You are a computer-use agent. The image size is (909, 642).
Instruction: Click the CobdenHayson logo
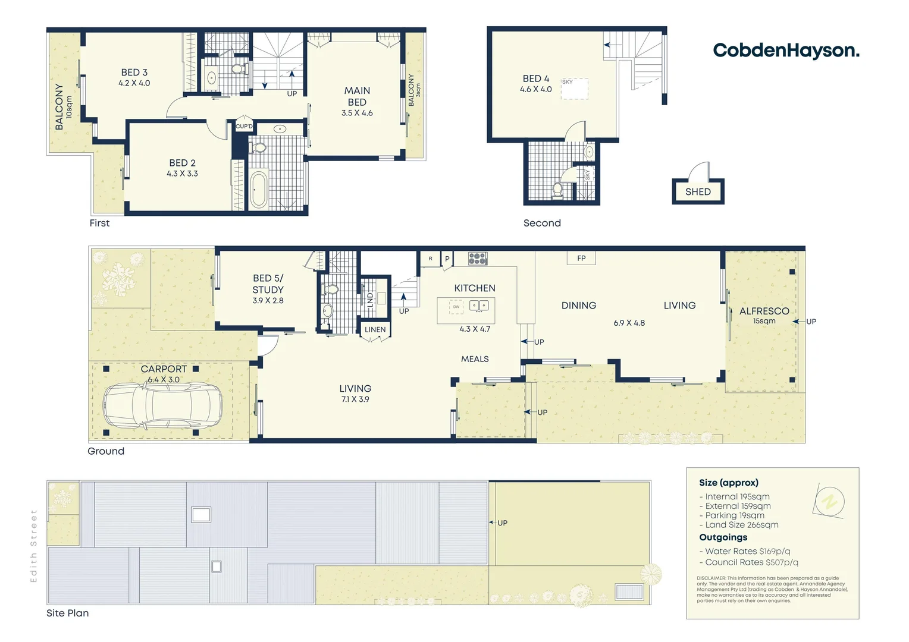tap(786, 51)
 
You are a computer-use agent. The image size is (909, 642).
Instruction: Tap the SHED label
tap(698, 192)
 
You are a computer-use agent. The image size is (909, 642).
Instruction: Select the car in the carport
tap(162, 405)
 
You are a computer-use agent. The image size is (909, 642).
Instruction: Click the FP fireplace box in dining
tap(581, 258)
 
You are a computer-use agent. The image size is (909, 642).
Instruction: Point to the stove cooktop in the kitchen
tap(478, 259)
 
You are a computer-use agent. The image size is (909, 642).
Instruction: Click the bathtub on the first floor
tap(259, 189)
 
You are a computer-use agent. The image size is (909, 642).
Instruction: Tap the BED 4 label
tap(535, 78)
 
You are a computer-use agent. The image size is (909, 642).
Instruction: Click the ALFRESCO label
tap(764, 311)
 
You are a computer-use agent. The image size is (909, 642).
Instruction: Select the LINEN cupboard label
tap(375, 329)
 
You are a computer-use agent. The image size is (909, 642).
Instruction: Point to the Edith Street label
tap(34, 546)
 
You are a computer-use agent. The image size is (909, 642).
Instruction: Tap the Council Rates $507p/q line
tap(751, 562)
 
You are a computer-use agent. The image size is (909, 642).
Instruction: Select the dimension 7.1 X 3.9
tap(355, 399)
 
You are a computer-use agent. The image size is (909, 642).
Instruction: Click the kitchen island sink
tap(478, 306)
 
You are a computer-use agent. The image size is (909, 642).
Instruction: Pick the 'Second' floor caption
tap(542, 223)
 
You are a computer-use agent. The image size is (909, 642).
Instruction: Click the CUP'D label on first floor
tap(244, 127)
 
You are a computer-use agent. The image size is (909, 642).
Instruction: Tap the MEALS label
tap(475, 359)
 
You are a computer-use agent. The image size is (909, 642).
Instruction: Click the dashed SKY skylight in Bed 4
tap(575, 89)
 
